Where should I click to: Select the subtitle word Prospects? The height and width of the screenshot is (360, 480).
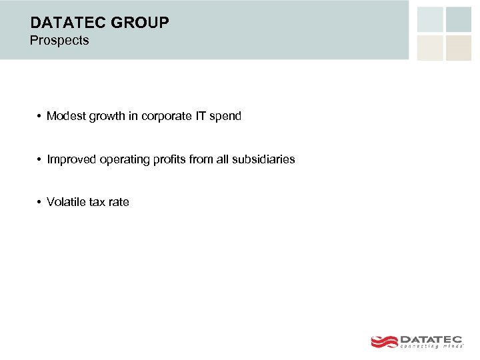[x=59, y=41]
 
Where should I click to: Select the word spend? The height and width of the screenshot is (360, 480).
[x=225, y=117]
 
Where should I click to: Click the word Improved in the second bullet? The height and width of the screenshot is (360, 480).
[x=71, y=160]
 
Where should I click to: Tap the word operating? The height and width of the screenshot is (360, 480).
[x=123, y=160]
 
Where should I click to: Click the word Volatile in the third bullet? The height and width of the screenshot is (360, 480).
[x=65, y=202]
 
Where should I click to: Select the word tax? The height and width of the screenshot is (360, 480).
[x=97, y=202]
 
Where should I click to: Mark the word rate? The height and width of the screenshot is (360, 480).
[x=119, y=202]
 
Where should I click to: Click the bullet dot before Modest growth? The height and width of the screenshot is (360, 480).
[x=40, y=117]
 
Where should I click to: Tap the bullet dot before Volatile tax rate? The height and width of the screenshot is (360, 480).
[x=40, y=202]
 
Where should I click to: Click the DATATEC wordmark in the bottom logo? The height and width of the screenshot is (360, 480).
[x=434, y=338]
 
